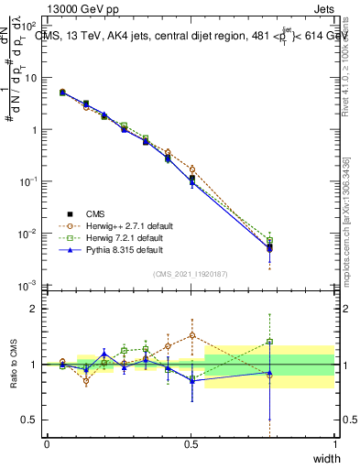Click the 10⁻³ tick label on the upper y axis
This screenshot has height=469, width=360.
tap(29, 287)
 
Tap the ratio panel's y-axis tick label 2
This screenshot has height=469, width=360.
tap(35, 309)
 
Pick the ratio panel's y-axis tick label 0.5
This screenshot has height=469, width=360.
tap(32, 420)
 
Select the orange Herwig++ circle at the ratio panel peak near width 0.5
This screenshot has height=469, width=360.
tap(192, 335)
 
